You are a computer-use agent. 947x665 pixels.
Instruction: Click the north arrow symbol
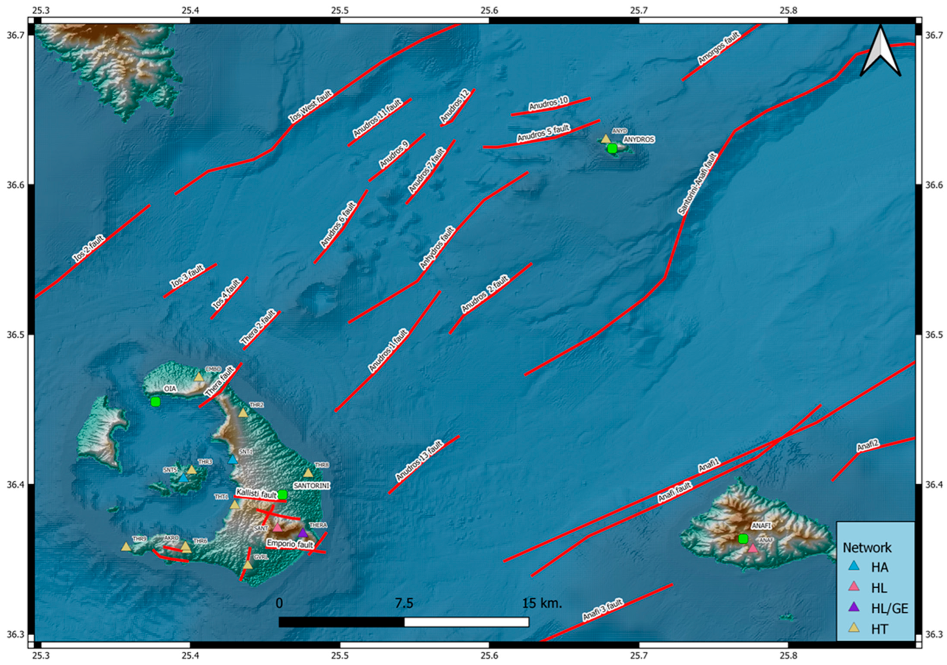click(880, 52)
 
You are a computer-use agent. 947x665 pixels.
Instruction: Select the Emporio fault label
click(290, 544)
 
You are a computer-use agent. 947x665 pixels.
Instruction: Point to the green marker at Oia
click(155, 402)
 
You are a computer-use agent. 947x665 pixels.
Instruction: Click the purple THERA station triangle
click(303, 533)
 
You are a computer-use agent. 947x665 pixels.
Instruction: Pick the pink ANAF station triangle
click(753, 548)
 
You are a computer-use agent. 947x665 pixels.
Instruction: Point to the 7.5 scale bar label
click(404, 604)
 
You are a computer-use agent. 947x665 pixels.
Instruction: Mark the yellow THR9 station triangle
click(126, 547)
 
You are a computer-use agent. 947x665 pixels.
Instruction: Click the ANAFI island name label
click(761, 526)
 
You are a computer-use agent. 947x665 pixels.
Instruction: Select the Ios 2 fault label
click(89, 249)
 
